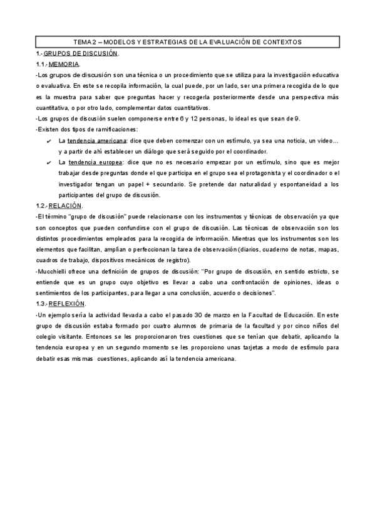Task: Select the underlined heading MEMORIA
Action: [x=64, y=64]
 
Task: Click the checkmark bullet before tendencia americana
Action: [x=49, y=141]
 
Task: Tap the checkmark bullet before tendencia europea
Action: [x=49, y=162]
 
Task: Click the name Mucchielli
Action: [x=55, y=272]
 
